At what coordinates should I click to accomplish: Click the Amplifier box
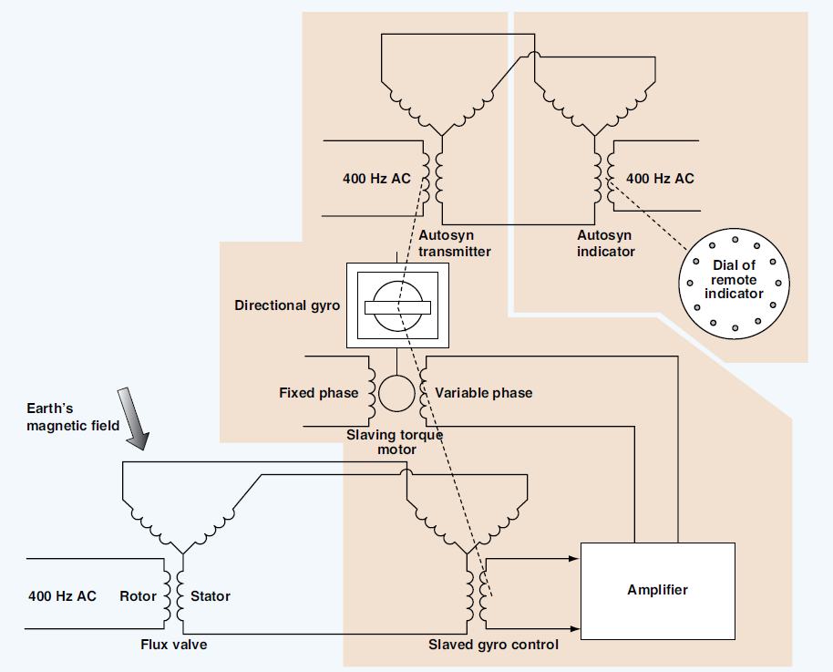(657, 590)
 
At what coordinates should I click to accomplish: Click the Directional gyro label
(287, 305)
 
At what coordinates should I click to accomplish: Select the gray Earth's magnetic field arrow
(132, 419)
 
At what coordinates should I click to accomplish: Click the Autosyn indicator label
(606, 243)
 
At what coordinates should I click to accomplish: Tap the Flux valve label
(180, 645)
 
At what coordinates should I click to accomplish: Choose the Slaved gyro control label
(493, 645)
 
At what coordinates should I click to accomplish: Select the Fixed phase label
(318, 393)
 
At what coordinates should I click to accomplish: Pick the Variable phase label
(483, 393)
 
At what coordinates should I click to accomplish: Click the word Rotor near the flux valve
(139, 596)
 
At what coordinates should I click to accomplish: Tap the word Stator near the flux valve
(211, 596)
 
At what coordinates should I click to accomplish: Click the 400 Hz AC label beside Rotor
(62, 596)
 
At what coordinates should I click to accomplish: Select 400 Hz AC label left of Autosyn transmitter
(376, 179)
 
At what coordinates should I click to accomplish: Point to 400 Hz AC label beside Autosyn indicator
(660, 179)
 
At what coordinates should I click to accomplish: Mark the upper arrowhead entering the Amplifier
(575, 557)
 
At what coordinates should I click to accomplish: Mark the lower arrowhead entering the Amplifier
(575, 628)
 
